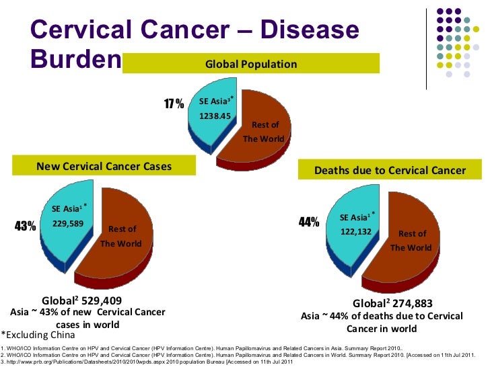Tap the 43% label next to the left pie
(x=25, y=227)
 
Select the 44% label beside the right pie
(x=308, y=222)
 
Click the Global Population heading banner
(x=251, y=65)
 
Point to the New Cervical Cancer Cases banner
(x=104, y=166)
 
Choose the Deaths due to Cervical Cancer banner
(x=390, y=171)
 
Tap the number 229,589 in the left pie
(x=67, y=224)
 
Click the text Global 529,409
(x=82, y=300)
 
